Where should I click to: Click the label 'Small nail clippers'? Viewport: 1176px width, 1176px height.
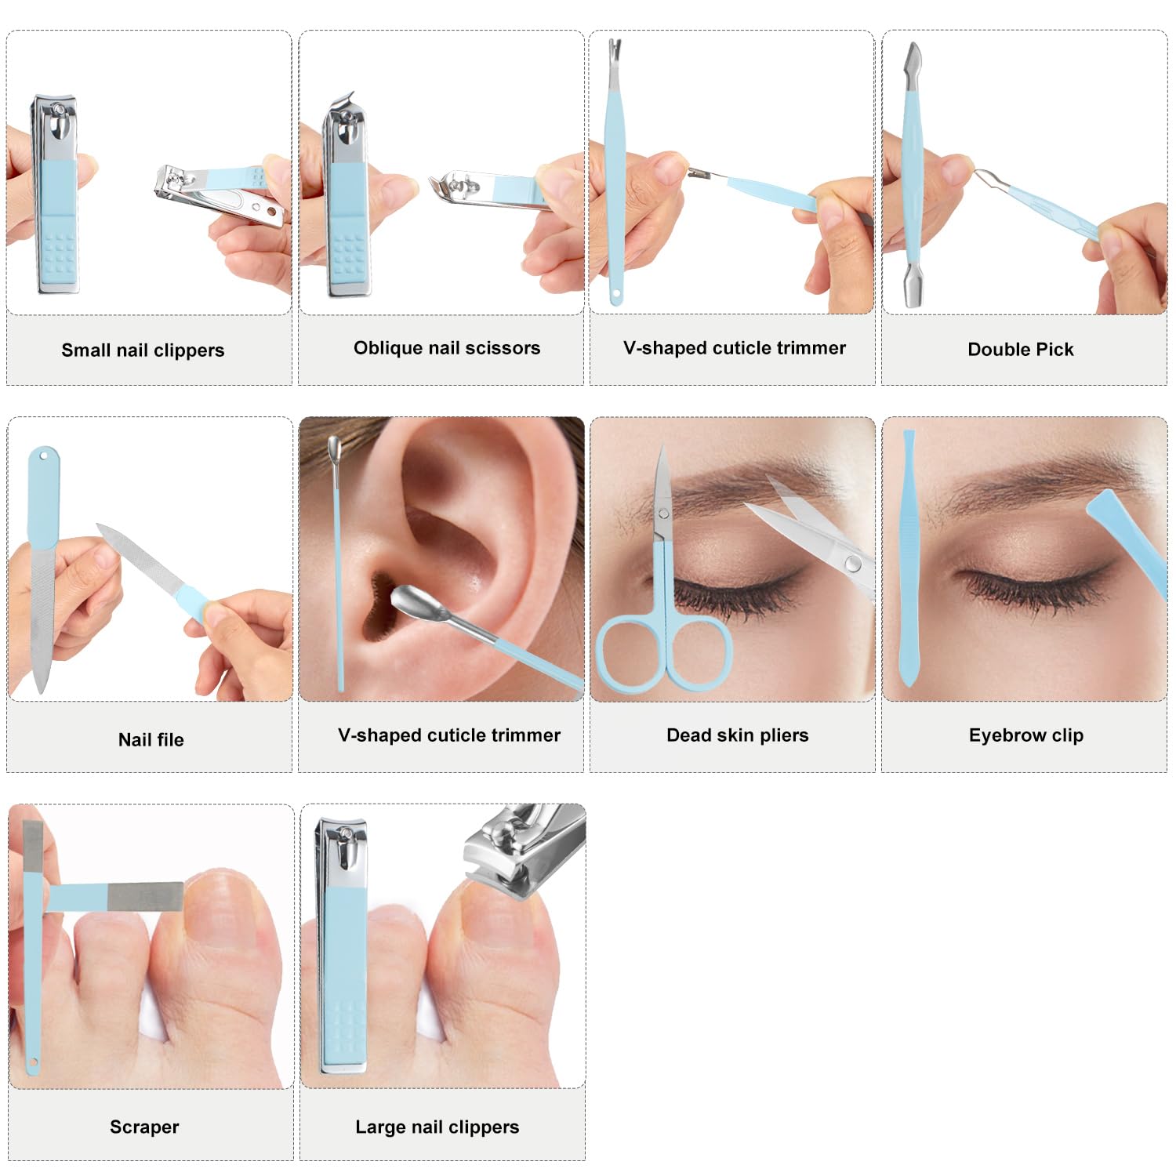click(x=143, y=350)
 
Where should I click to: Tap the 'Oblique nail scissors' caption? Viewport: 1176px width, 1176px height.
click(x=447, y=348)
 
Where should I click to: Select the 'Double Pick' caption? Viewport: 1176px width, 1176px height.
click(x=1021, y=350)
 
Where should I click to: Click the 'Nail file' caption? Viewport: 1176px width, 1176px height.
click(x=151, y=739)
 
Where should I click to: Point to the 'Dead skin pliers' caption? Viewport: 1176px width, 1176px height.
click(x=738, y=735)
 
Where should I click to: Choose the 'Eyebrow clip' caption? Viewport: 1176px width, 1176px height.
click(x=1026, y=735)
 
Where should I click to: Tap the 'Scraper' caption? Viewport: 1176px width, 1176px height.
click(x=144, y=1127)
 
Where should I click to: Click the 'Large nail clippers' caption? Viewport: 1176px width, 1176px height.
click(x=437, y=1127)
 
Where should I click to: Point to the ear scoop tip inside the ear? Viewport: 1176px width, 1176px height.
click(x=411, y=601)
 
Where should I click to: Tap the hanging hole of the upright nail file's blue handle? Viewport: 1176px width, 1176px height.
click(x=43, y=454)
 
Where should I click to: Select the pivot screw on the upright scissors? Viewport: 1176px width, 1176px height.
click(x=663, y=514)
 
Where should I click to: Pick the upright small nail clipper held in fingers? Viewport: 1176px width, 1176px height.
click(x=56, y=194)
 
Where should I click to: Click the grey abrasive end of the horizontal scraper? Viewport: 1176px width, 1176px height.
click(x=145, y=897)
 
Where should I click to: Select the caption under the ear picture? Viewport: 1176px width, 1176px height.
click(x=449, y=735)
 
